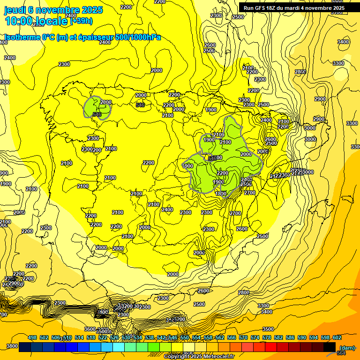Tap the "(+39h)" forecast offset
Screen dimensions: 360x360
coord(81,21)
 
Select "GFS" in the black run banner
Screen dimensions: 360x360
coord(261,8)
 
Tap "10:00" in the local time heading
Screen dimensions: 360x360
coord(19,21)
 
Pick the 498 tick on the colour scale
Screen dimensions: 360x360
coord(32,337)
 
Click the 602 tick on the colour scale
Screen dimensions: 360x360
coord(337,337)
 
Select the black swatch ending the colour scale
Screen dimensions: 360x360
coord(330,347)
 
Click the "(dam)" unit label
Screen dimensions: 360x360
coord(347,347)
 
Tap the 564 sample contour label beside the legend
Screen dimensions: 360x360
coord(341,352)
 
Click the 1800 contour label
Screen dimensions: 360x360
coord(220,194)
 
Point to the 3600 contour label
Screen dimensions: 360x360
coord(90,329)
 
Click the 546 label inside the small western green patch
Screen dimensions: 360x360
coord(97,114)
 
